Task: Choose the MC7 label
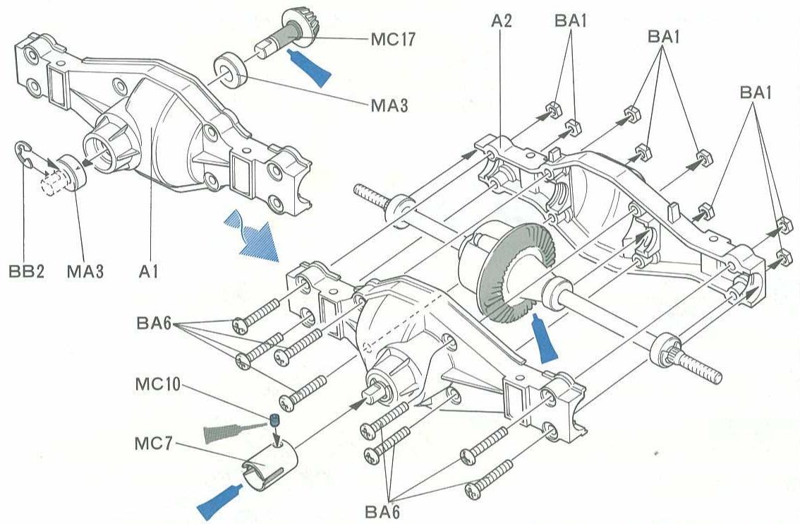(152, 446)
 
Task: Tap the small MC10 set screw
(274, 422)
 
